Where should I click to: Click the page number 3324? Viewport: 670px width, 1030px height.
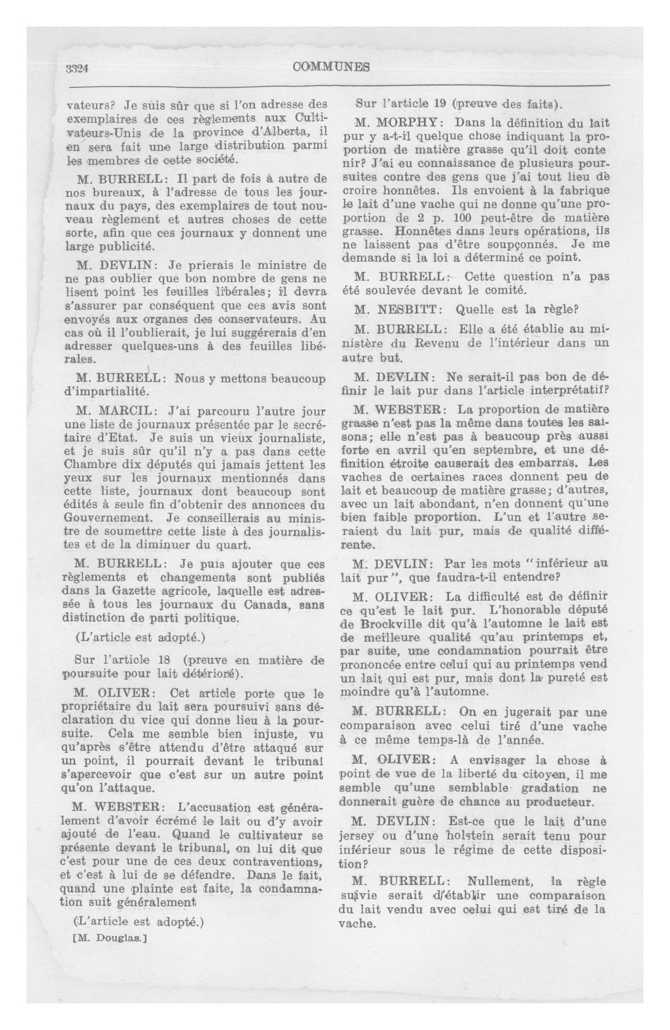[x=77, y=68]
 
